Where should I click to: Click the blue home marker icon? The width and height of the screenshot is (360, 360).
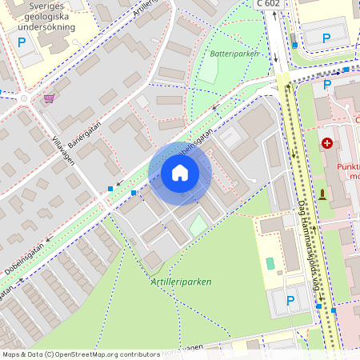point(180,173)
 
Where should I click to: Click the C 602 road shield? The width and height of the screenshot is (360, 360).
point(270,4)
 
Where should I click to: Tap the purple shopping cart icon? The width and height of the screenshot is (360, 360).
point(50,98)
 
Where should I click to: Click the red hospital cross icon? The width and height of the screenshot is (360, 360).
point(326,143)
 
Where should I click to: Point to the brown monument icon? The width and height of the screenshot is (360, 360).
point(323,194)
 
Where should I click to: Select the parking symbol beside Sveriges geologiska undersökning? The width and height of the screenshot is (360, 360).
point(22,42)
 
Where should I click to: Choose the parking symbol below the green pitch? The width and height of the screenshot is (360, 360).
point(290,300)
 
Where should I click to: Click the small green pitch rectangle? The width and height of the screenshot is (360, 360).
point(270,262)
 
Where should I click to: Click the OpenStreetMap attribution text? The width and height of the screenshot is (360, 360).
point(80,354)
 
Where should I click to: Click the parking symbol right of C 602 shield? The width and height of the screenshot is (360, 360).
point(326,38)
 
